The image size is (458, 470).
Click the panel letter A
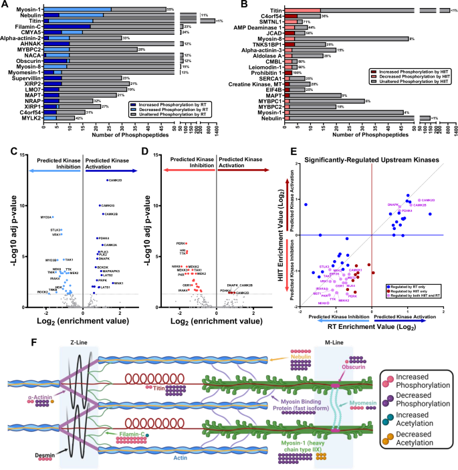[5, 5]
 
